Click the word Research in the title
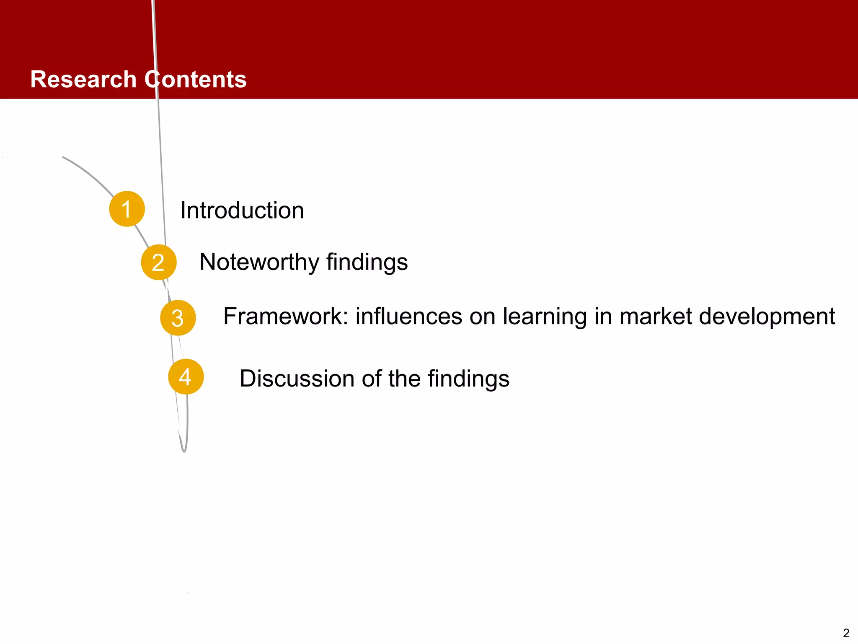point(83,79)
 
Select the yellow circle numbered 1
point(127,209)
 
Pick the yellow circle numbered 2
point(158,262)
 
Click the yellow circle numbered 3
point(178,318)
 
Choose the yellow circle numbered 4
point(186,377)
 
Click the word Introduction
point(242,210)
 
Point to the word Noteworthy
point(259,262)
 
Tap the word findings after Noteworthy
point(367,262)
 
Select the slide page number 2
point(846,633)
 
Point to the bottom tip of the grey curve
point(184,451)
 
